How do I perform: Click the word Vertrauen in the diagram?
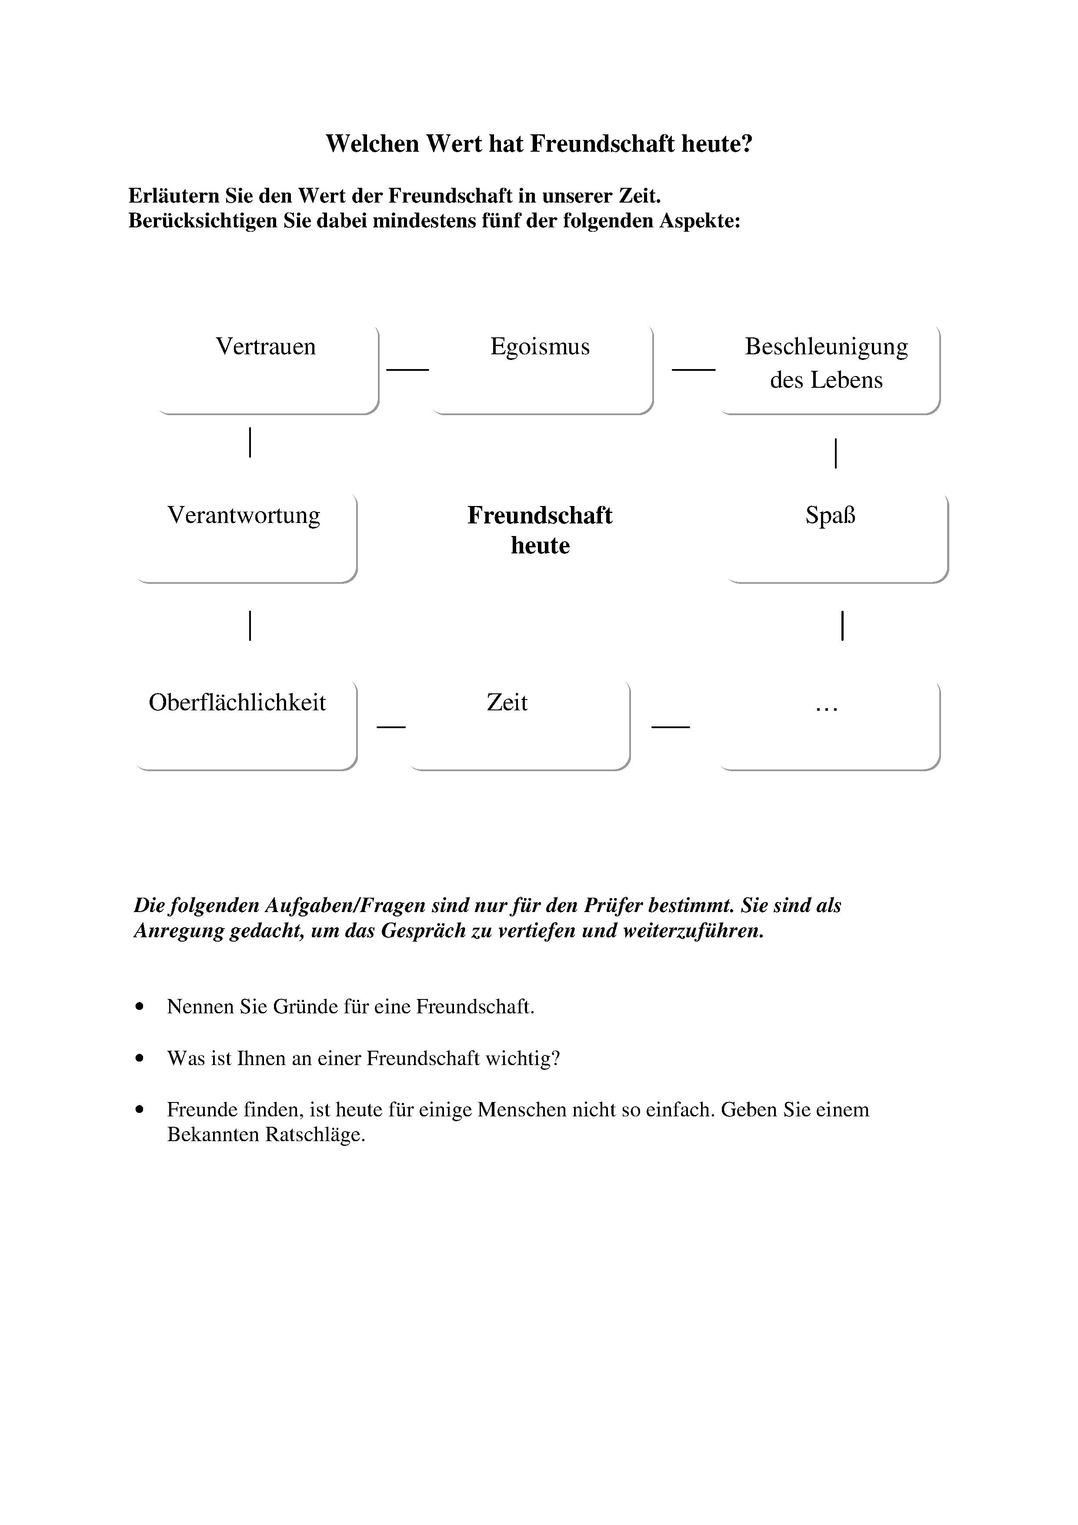(266, 347)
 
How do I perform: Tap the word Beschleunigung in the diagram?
(826, 347)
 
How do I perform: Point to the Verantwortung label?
(244, 516)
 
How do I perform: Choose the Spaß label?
(830, 516)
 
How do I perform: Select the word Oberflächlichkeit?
(237, 703)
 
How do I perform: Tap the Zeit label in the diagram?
(507, 703)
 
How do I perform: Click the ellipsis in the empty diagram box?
(826, 708)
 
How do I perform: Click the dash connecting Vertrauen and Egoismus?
(408, 369)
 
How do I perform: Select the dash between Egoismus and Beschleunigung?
(694, 369)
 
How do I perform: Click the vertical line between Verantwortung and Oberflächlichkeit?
(250, 625)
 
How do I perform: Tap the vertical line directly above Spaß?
(835, 453)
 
